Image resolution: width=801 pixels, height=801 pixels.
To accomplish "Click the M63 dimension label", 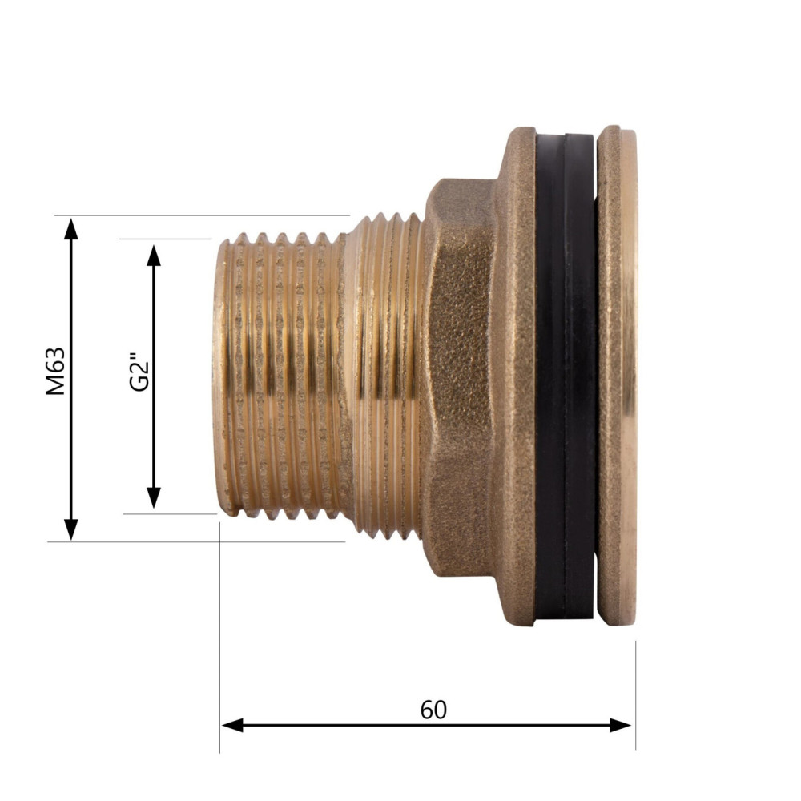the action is tap(55, 371).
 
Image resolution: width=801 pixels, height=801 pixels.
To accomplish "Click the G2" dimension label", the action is tap(139, 371).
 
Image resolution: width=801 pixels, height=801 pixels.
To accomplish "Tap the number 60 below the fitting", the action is tap(433, 710).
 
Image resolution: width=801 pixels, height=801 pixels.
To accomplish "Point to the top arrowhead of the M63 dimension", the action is tap(71, 228).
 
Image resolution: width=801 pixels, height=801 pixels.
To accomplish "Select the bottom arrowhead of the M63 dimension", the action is tap(71, 529).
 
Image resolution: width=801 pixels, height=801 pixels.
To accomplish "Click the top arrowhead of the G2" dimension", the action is tap(154, 256).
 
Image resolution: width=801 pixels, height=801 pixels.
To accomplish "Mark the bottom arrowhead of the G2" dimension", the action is tap(154, 497).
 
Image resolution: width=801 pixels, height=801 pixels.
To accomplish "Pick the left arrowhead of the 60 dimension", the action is tap(233, 725).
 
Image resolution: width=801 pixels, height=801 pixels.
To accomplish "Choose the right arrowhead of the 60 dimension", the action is tap(621, 725).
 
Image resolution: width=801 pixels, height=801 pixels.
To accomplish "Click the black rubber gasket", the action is tap(565, 376).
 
